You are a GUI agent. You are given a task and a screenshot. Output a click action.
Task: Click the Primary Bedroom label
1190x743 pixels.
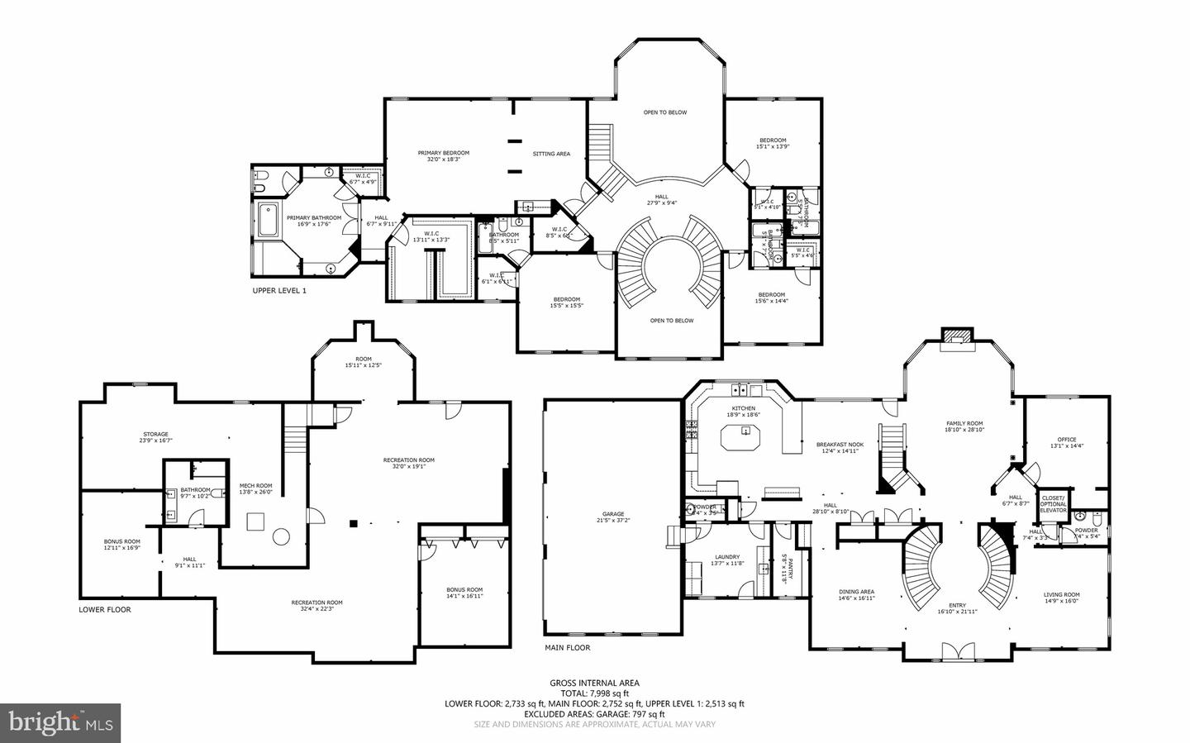point(443,153)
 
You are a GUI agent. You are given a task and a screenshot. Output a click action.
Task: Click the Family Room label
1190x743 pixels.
point(964,424)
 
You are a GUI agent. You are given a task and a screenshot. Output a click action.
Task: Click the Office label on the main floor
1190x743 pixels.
point(1067,440)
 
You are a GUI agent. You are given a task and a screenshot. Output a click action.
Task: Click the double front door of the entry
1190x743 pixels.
point(957,653)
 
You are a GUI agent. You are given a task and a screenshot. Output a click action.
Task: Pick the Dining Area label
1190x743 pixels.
point(856,592)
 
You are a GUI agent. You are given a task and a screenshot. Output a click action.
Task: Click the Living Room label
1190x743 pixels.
point(1061,595)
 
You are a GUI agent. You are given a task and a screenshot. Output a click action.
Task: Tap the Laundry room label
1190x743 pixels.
point(727,557)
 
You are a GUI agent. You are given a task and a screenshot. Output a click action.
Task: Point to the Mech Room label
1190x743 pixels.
point(255,486)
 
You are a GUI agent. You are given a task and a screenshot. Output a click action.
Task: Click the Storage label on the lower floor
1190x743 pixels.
point(155,434)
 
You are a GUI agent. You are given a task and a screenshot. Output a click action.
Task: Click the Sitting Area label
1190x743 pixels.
point(551,154)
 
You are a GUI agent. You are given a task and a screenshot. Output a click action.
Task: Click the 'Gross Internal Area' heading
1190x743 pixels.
point(594,683)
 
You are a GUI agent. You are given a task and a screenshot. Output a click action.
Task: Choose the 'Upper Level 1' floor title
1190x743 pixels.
point(279,291)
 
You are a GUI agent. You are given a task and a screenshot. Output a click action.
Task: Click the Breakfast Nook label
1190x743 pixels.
point(840,444)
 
